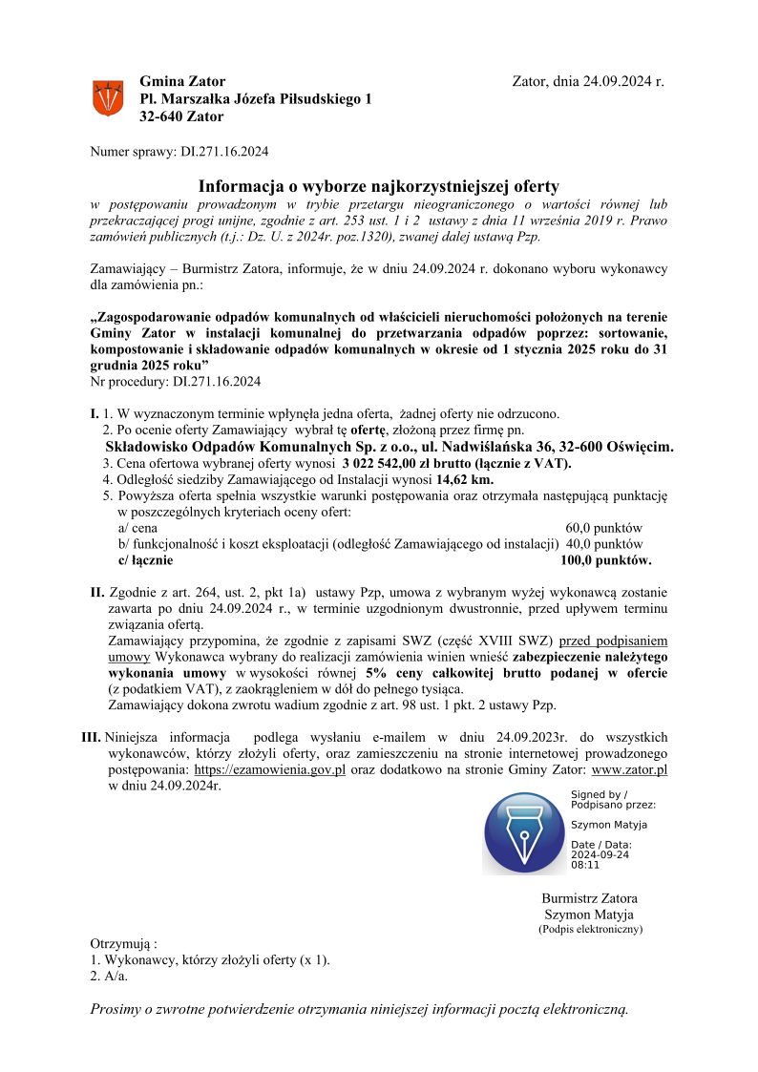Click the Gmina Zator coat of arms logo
point(108,98)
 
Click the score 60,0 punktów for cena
point(604,528)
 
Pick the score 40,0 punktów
point(604,544)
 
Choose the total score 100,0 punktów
point(606,560)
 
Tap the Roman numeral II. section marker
point(97,593)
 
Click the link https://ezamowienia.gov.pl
point(269,769)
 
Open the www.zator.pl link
point(629,769)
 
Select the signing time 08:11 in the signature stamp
point(585,865)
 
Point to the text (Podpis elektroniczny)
point(590,929)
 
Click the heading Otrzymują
point(123,943)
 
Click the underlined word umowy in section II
point(130,658)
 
